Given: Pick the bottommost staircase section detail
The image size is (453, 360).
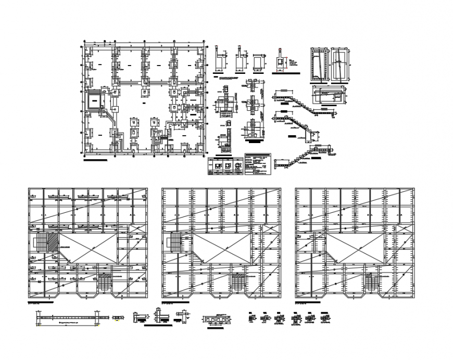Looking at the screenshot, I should click(x=301, y=157).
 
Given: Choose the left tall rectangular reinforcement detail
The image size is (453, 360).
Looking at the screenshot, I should click(x=318, y=64).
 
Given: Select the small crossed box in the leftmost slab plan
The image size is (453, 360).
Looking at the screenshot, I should click(x=135, y=227).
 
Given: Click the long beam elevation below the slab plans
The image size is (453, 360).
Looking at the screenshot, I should click(x=67, y=317).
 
